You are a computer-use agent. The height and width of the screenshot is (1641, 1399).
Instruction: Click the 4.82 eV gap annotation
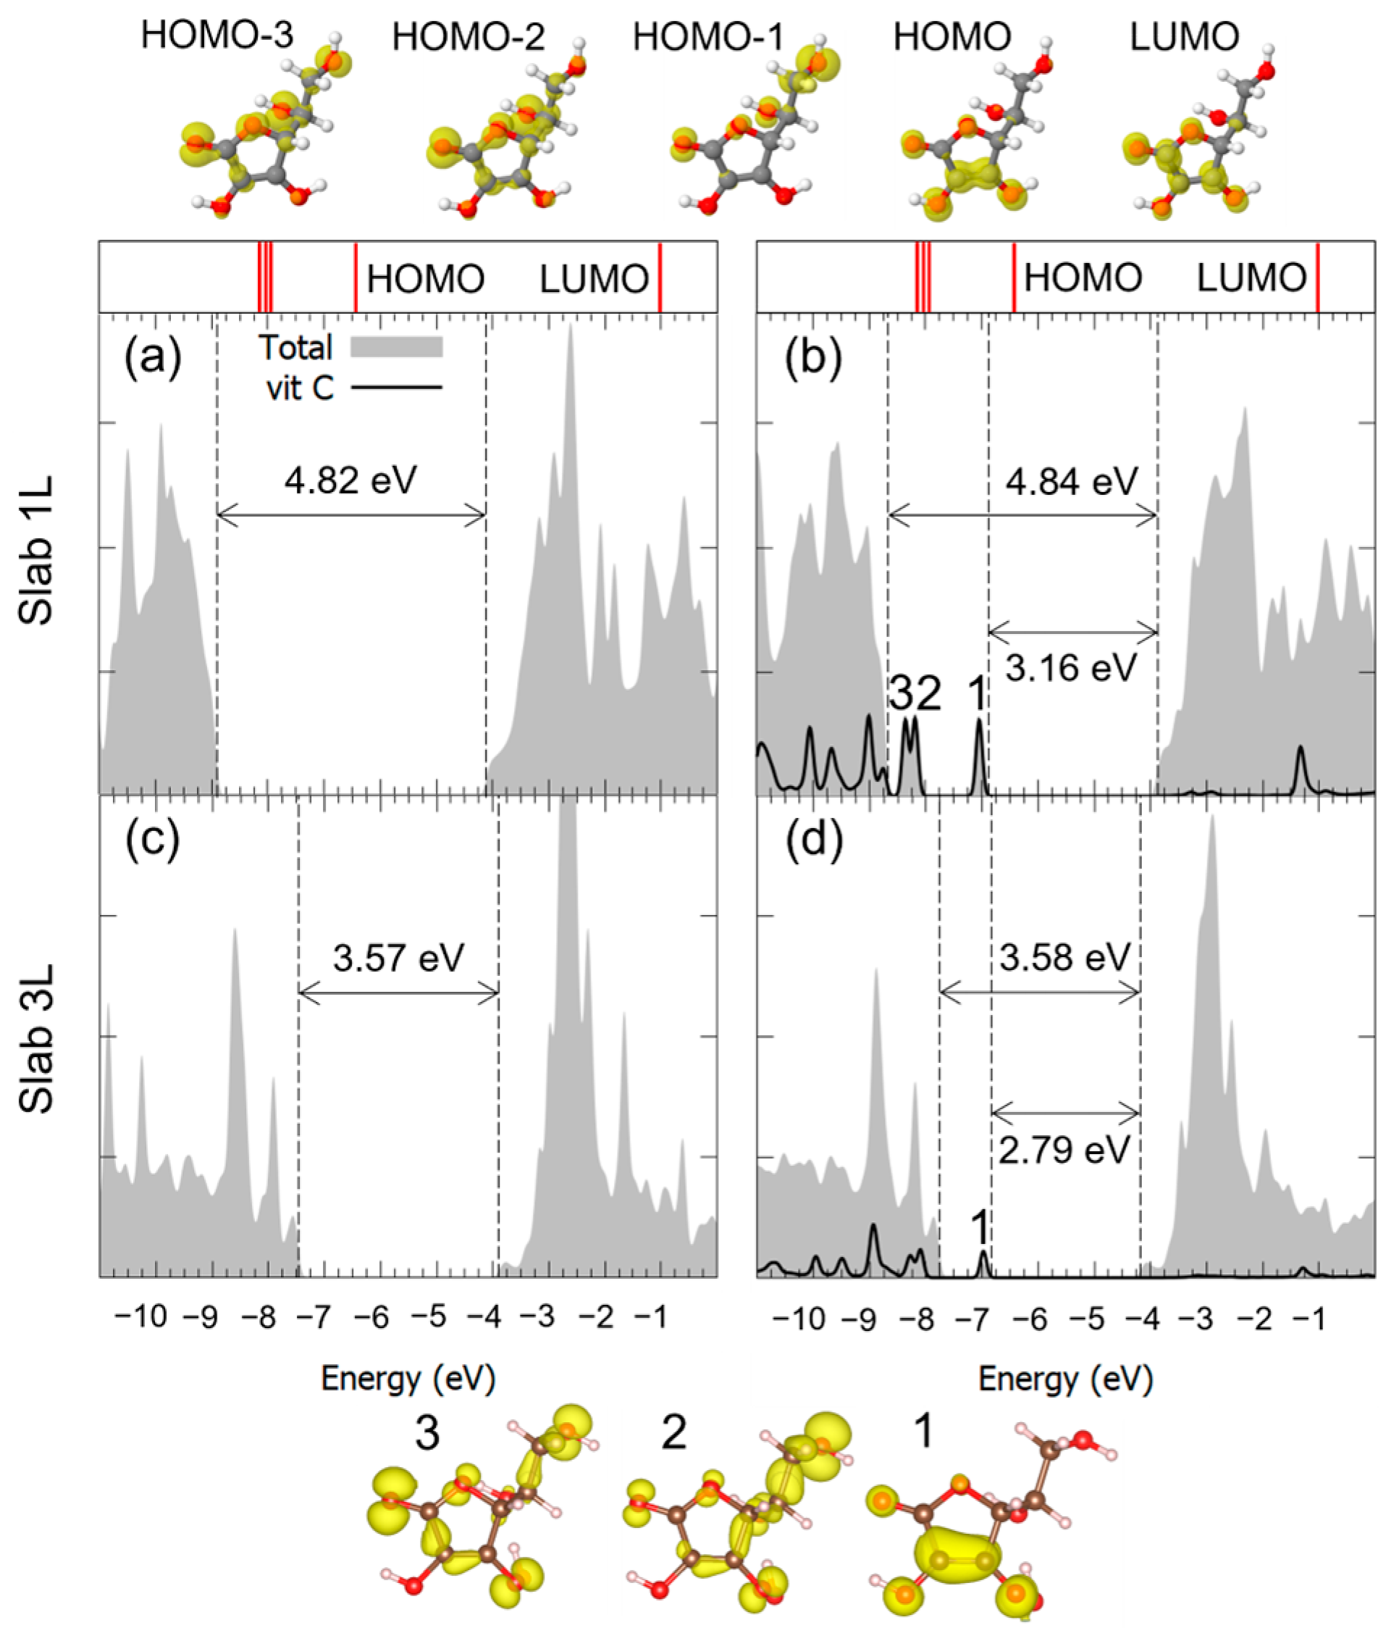350,479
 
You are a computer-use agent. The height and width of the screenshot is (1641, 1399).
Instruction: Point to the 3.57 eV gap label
398,958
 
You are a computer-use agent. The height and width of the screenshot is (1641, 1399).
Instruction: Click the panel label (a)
153,356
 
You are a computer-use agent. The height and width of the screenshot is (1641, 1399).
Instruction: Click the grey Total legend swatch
396,347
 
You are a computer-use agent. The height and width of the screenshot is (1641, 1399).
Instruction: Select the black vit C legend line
396,388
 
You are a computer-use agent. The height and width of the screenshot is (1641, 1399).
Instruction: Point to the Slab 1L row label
36,551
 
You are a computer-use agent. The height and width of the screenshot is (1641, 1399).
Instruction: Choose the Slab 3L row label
36,1037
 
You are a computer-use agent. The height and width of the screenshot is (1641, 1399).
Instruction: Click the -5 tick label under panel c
429,1317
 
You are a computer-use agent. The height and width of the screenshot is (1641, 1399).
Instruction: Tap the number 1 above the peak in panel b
978,693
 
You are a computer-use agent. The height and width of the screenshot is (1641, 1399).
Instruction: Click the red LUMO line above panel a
660,277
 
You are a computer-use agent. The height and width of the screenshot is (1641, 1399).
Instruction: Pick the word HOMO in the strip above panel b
1083,278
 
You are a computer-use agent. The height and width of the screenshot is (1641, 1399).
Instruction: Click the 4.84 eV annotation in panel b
1071,481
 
